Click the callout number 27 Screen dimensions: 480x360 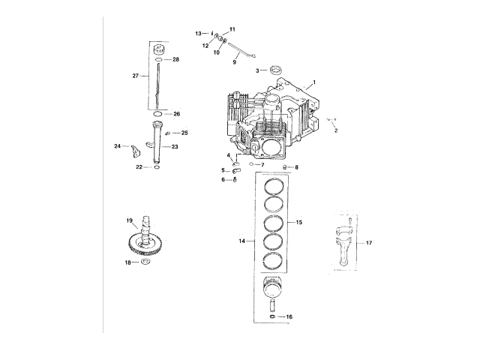coord(135,76)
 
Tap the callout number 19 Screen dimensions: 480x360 coord(129,220)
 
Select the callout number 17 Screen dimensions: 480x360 coord(369,243)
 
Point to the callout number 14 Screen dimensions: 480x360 coord(241,241)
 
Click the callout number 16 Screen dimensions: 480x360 coord(289,316)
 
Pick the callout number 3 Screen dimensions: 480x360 coord(257,70)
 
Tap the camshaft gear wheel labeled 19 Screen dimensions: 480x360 coord(145,247)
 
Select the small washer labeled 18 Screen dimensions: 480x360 coord(145,262)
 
